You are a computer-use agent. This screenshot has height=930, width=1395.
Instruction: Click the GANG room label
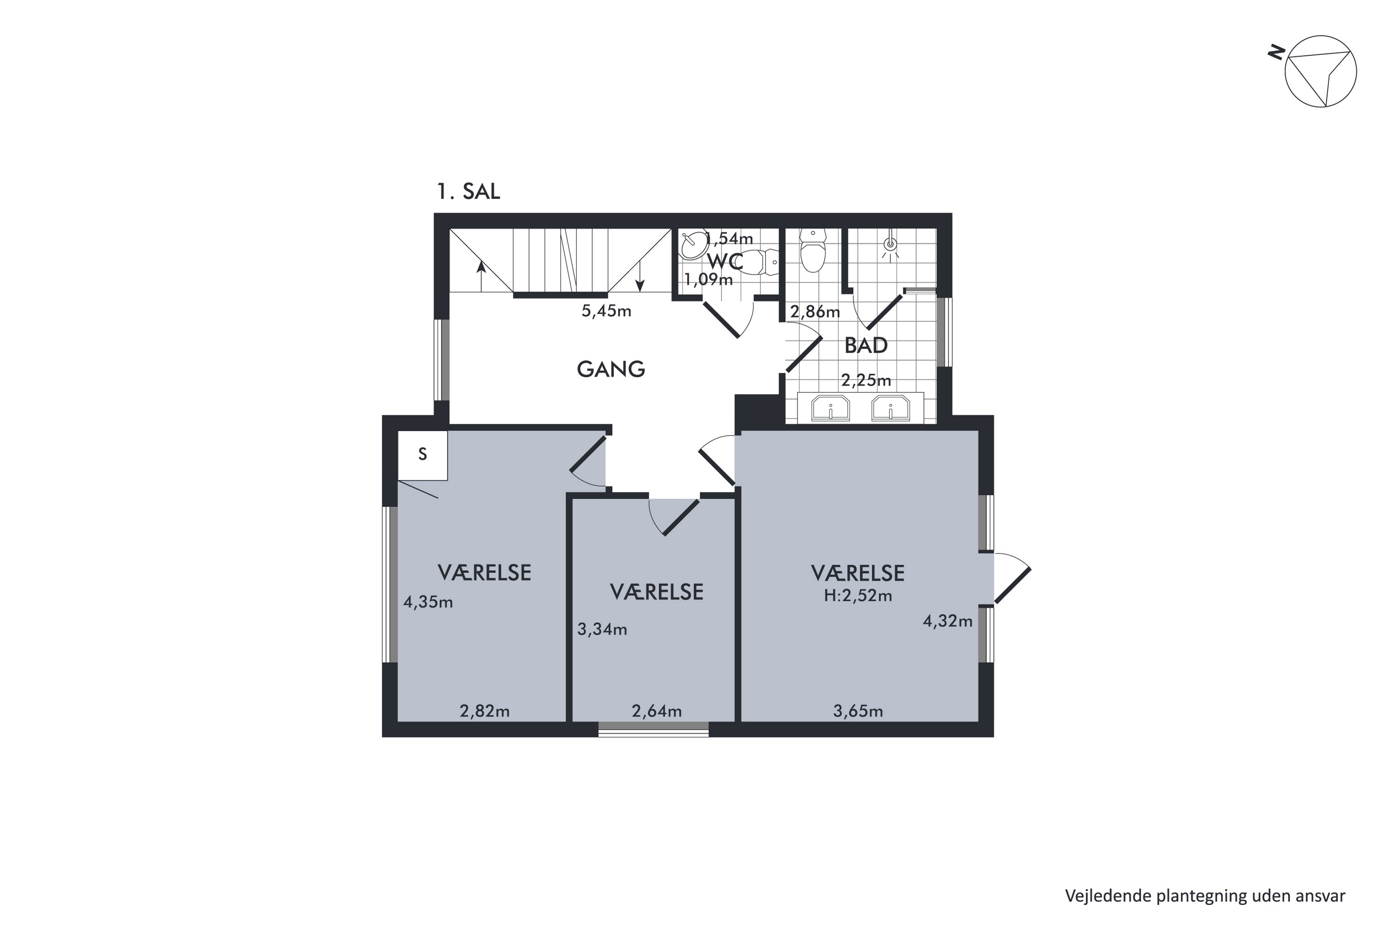click(611, 370)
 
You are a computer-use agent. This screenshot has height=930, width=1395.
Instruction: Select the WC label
click(725, 261)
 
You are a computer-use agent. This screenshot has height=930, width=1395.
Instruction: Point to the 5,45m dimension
click(606, 311)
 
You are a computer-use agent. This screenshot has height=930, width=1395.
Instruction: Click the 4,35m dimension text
click(428, 603)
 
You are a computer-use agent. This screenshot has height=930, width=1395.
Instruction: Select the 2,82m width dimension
click(485, 711)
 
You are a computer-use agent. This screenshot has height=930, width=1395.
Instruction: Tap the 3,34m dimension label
click(602, 629)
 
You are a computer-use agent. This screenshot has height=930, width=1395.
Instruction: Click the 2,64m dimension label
click(657, 711)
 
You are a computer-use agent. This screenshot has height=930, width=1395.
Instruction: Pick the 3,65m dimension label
click(858, 711)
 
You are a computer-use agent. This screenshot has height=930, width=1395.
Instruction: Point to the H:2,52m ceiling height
click(858, 596)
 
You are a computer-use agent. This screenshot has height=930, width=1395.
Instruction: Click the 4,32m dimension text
click(948, 621)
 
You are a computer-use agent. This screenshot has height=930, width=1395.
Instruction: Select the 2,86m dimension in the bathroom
click(815, 312)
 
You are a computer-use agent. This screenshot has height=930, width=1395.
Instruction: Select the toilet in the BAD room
click(812, 251)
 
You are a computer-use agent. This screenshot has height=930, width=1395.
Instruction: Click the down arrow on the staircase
click(640, 277)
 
